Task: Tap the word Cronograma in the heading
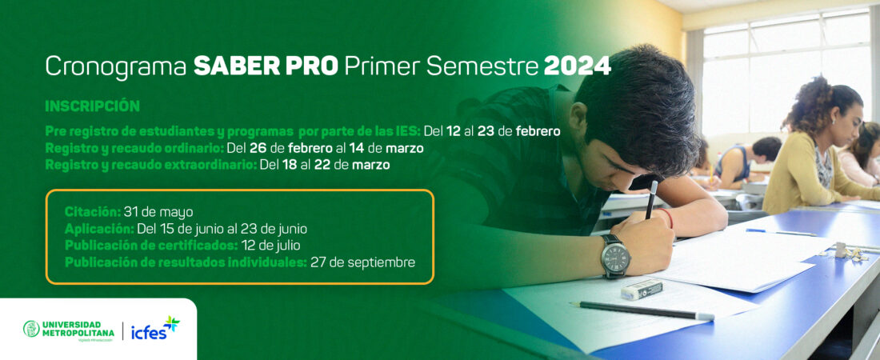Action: point(116,67)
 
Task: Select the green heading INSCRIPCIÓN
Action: point(92,106)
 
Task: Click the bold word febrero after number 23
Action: point(538,132)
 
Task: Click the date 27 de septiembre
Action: point(363,262)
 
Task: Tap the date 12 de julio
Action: point(271,246)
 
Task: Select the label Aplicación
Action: point(99,229)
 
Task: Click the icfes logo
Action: point(155,329)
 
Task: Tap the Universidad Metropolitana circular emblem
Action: point(31,329)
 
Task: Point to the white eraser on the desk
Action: point(642,290)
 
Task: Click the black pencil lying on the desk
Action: point(642,310)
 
